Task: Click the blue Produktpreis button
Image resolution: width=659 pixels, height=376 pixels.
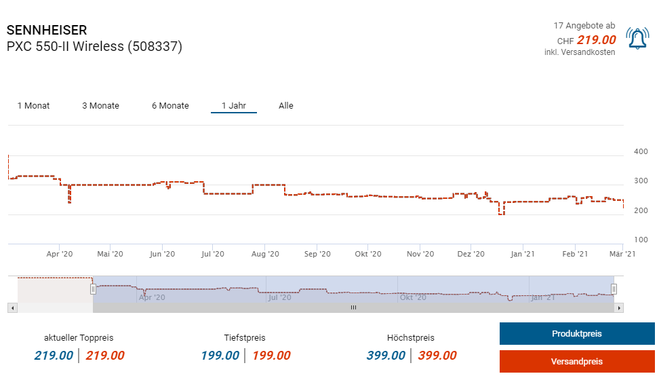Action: tap(576, 334)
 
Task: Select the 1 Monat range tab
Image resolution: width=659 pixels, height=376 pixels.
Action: tap(33, 106)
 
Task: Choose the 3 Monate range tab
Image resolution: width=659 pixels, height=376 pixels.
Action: tap(100, 106)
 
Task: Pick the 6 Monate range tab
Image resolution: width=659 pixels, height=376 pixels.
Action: tap(170, 106)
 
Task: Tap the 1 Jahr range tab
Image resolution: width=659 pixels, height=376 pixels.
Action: tap(233, 106)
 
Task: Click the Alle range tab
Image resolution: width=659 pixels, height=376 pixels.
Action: tap(286, 106)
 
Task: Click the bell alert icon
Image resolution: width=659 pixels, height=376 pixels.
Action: tap(637, 39)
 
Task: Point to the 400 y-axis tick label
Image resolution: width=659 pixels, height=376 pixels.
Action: tap(640, 152)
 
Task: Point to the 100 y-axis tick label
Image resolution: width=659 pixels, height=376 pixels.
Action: tap(640, 240)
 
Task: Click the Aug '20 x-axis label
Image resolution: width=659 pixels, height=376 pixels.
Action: tap(265, 254)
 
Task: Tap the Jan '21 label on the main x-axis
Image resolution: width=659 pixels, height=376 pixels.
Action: tap(522, 254)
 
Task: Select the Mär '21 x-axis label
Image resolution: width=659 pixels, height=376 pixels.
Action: tap(620, 254)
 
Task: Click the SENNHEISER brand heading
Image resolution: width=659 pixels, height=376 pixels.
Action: tap(47, 31)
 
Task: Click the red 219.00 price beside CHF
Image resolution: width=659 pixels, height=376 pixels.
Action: tap(596, 40)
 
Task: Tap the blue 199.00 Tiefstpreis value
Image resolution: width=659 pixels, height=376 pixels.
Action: tap(220, 356)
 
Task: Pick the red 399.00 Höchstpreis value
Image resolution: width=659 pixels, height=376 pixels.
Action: tap(437, 356)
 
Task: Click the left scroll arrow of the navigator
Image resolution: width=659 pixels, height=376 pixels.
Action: tap(12, 307)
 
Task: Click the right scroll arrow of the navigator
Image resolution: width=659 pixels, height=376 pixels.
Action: tap(618, 307)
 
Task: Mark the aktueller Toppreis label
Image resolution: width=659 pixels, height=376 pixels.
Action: tap(79, 338)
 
